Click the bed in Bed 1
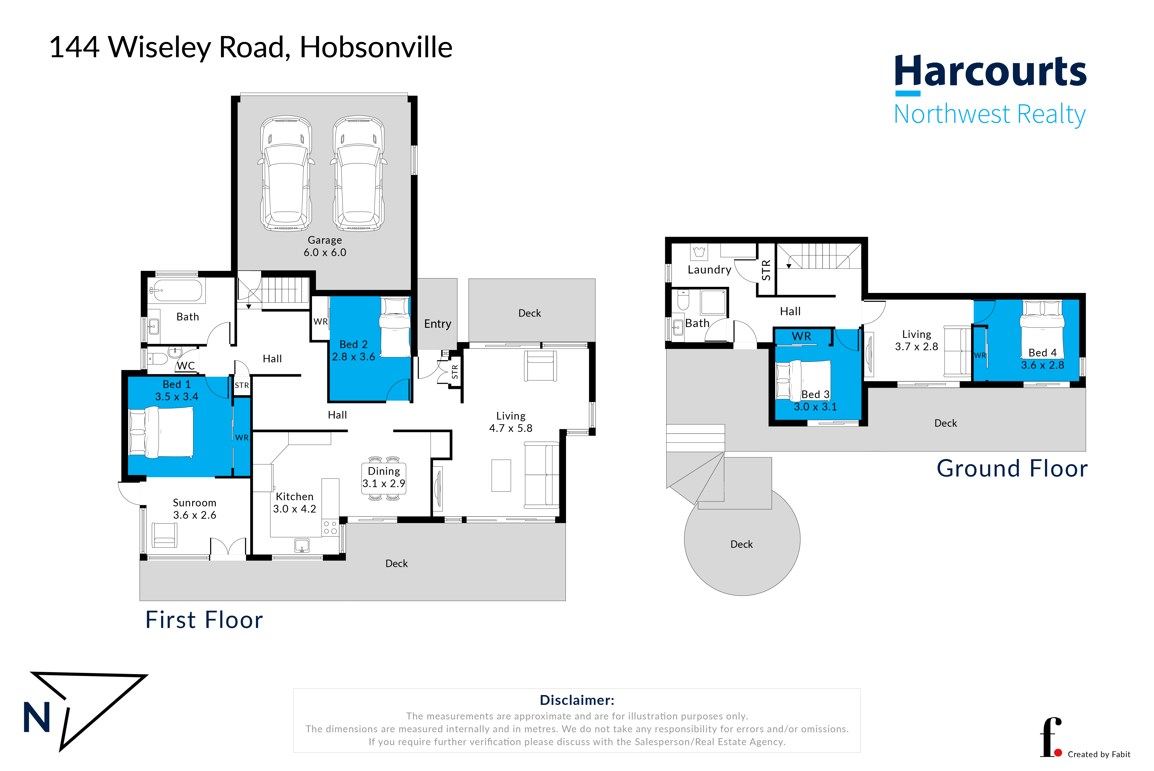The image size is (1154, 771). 161,432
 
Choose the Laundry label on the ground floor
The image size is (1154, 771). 709,270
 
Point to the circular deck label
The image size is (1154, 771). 741,544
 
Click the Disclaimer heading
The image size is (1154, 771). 577,700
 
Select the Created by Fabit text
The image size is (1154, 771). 1099,754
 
